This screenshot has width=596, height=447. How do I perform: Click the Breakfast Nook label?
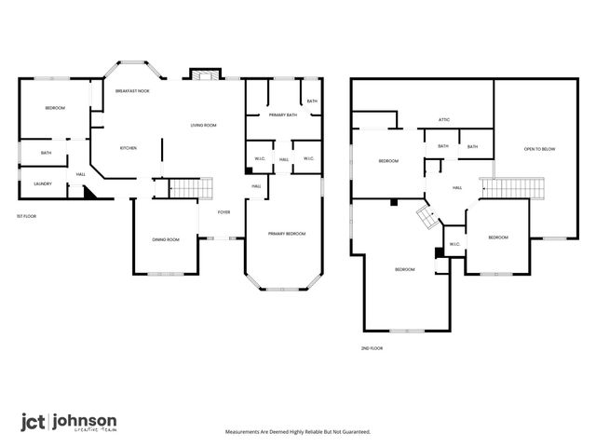pyautogui.click(x=133, y=91)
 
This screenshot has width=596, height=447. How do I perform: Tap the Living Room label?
pyautogui.click(x=203, y=125)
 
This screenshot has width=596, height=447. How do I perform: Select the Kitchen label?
pyautogui.click(x=128, y=148)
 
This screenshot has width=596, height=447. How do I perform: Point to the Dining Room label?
pyautogui.click(x=166, y=240)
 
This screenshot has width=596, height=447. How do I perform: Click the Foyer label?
pyautogui.click(x=223, y=212)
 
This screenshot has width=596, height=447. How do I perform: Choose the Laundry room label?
pyautogui.click(x=43, y=183)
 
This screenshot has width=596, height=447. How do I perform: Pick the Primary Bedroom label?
pyautogui.click(x=285, y=233)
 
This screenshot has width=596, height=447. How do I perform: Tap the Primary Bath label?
pyautogui.click(x=282, y=115)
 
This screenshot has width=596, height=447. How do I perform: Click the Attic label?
pyautogui.click(x=445, y=119)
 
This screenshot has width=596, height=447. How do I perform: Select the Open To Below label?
pyautogui.click(x=539, y=149)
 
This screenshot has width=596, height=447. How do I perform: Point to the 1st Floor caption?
pyautogui.click(x=26, y=216)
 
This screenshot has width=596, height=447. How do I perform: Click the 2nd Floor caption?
pyautogui.click(x=372, y=347)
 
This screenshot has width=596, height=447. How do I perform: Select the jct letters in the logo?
pyautogui.click(x=33, y=420)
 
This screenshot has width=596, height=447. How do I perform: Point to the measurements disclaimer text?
pyautogui.click(x=298, y=432)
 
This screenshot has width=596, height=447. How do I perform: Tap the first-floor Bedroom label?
pyautogui.click(x=55, y=109)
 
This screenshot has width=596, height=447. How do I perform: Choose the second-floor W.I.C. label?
pyautogui.click(x=454, y=245)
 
